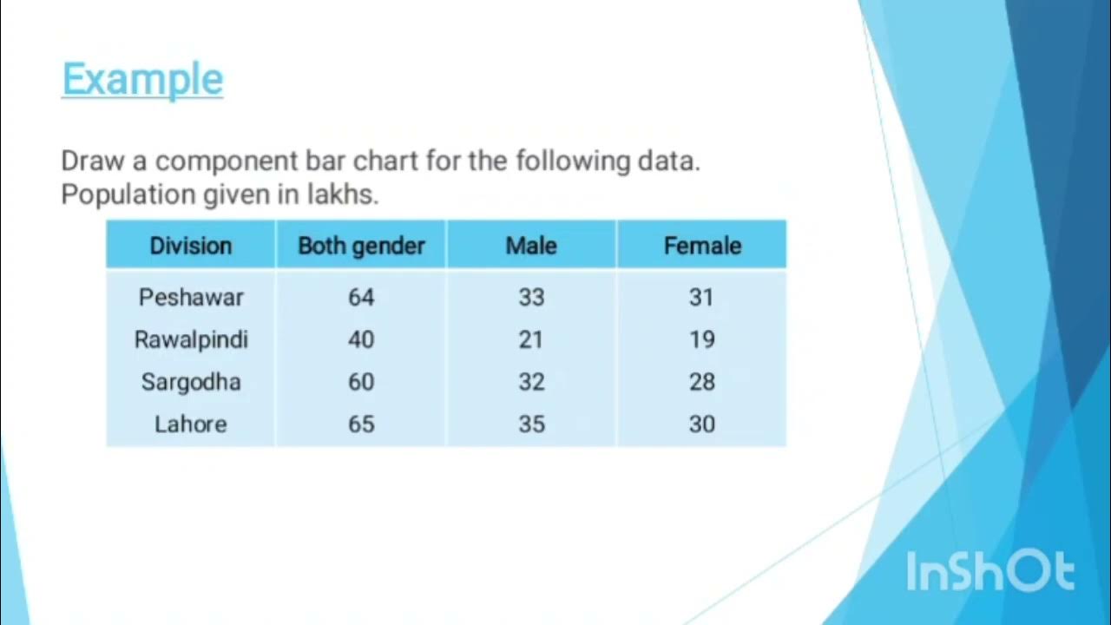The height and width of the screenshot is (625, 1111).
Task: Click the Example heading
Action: (142, 80)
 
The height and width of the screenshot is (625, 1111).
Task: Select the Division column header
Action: (191, 246)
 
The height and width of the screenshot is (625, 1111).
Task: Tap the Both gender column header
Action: (361, 246)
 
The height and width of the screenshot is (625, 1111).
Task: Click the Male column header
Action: (531, 246)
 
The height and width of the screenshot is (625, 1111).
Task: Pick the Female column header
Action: (702, 246)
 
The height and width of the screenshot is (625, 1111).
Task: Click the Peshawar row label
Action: (191, 297)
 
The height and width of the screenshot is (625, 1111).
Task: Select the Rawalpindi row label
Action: (191, 339)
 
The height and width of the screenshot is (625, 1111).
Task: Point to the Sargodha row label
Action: (191, 382)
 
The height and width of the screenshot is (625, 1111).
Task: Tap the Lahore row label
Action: (191, 424)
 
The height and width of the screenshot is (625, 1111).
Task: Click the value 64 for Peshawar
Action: (361, 297)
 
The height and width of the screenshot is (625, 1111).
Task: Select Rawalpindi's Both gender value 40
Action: (361, 339)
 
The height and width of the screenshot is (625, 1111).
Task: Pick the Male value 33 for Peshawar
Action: (531, 297)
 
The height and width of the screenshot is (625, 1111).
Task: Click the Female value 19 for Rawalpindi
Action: (702, 339)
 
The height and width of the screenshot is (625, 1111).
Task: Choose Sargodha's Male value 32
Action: (531, 382)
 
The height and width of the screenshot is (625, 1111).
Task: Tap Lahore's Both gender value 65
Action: (361, 424)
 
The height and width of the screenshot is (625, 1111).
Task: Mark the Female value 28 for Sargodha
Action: (702, 382)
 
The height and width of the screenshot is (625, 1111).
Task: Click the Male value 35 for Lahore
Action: (531, 424)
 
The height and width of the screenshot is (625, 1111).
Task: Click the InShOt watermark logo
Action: (990, 572)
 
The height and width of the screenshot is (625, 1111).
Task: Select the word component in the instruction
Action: (227, 161)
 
